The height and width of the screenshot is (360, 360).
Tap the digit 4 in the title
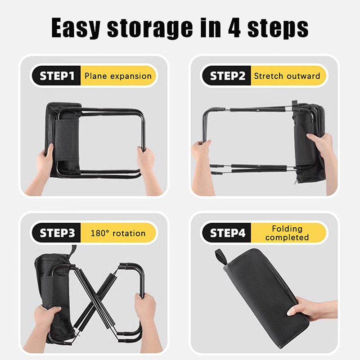(234, 27)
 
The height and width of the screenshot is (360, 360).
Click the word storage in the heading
(149, 28)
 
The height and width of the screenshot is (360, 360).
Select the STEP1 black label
(57, 76)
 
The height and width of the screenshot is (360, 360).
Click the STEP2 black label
(227, 76)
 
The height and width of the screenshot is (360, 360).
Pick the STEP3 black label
(57, 233)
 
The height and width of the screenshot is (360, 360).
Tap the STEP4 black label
(227, 233)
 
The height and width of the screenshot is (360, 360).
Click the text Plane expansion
(118, 76)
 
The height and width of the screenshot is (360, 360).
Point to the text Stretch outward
(287, 76)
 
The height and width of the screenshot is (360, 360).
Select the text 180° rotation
(118, 233)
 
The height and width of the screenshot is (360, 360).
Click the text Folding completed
(287, 233)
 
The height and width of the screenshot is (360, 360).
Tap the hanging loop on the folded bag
(221, 256)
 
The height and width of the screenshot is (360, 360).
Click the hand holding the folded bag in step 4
(310, 309)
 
